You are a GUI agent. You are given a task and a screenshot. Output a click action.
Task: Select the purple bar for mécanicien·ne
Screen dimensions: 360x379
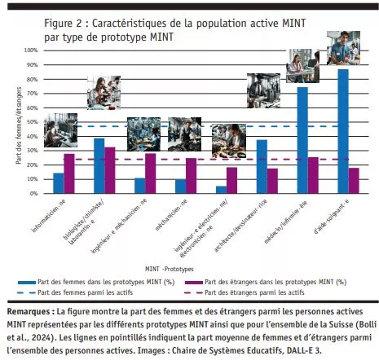click(191, 176)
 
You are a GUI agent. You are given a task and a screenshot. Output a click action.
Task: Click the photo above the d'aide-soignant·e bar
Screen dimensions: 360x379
click(343, 49)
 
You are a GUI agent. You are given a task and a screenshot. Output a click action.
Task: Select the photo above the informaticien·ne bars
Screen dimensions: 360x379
click(62, 129)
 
